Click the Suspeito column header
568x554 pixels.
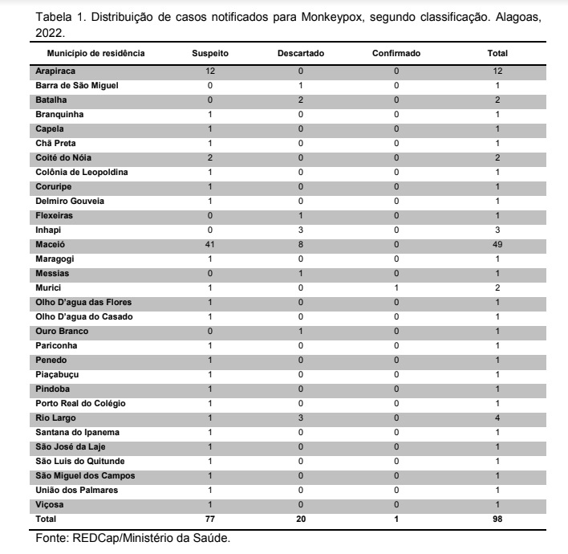point(211,54)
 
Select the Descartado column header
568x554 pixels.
point(300,54)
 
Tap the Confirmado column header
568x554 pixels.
point(396,54)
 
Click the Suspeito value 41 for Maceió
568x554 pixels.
point(210,244)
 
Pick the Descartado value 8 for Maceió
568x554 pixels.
point(300,244)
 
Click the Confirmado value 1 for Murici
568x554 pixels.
point(396,287)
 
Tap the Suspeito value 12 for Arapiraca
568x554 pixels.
point(210,71)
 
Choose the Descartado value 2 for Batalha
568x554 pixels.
point(300,100)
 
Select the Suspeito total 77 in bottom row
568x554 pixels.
point(210,519)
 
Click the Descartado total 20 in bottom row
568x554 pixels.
point(300,519)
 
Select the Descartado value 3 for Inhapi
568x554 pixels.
point(300,230)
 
